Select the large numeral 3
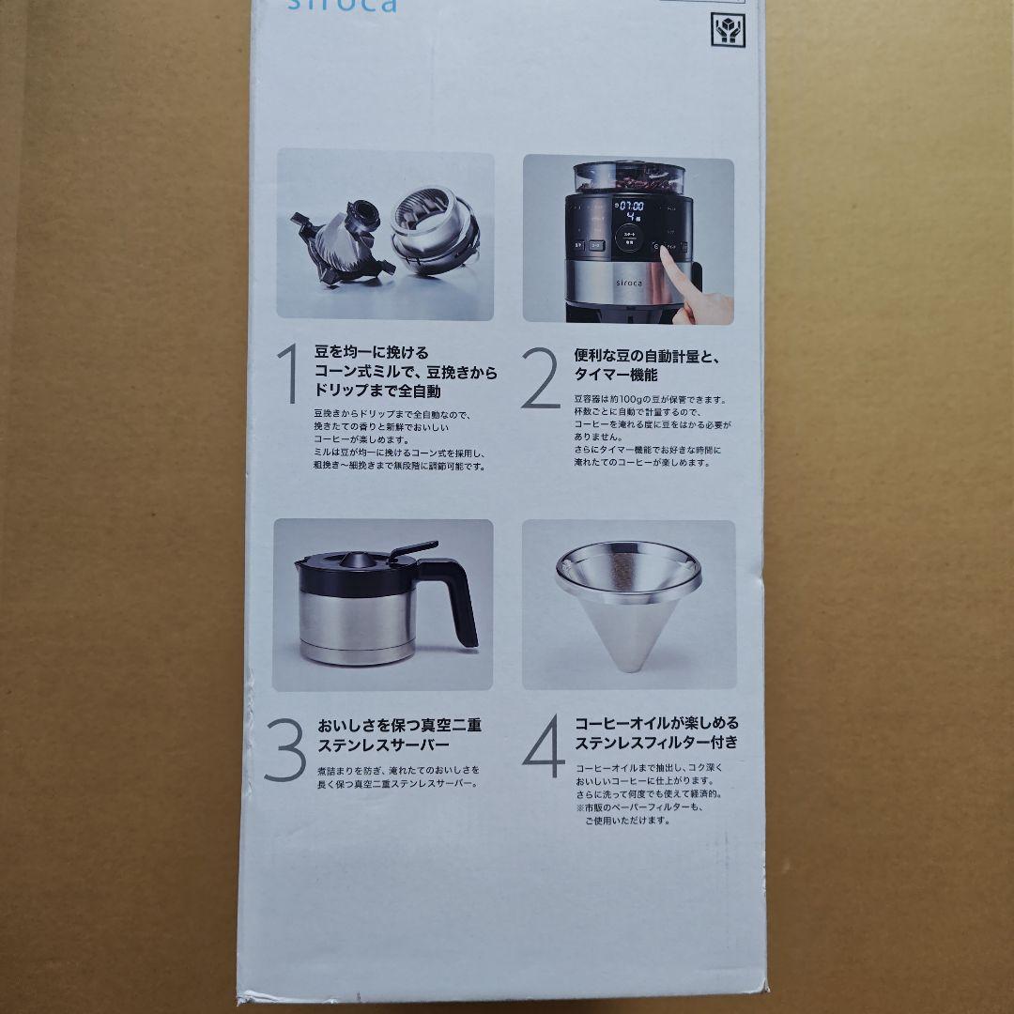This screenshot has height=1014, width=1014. coord(284,751)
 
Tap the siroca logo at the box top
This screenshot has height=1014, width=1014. coord(356,7)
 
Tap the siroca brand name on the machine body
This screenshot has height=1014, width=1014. coord(629,282)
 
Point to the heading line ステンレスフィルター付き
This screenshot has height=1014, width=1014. coord(656,742)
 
